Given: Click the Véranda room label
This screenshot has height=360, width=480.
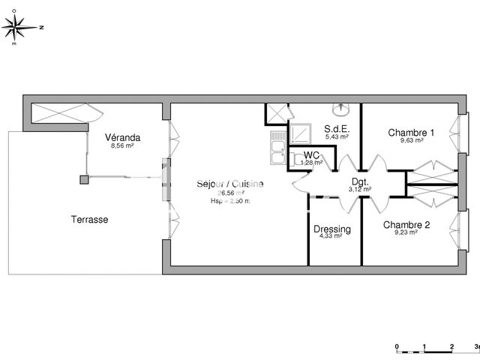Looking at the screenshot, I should coord(124,138).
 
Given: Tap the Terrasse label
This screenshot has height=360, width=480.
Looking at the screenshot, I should coord(89,220).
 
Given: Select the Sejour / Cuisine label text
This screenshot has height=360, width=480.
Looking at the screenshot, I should coord(230,184).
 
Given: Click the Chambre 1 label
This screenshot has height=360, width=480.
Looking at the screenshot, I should coord(411,132).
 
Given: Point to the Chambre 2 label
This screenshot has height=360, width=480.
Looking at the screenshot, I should coord(406,224).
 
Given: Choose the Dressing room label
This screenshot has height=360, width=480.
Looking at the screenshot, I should coord(331,229).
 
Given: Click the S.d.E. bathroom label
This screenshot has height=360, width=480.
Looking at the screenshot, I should coord(336,129).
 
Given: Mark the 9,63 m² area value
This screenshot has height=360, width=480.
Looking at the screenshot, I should coord(411,140).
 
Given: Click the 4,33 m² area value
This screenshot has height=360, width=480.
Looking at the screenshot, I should coord(331,236).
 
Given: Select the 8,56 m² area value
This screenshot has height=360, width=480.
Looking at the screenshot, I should coord(123,146).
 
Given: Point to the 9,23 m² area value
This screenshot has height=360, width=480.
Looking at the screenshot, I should coord(406,232).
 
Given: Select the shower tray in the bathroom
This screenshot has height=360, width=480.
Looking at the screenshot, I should coord(301,133).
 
